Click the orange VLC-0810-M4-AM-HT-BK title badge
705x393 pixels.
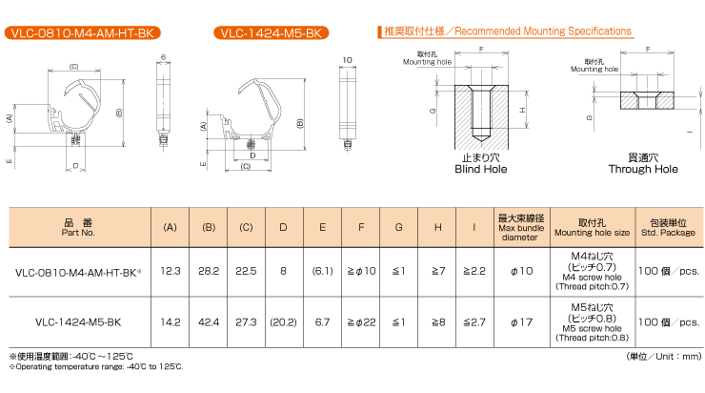pos(82,32)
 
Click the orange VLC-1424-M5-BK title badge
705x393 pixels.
pos(272,32)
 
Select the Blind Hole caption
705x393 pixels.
pos(481,169)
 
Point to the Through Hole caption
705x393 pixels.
pos(643,169)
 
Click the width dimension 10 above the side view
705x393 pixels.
pos(347,60)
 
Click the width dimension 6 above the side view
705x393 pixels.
pos(163,57)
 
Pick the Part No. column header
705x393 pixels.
pos(78,227)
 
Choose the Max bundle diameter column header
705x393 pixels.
pos(521,227)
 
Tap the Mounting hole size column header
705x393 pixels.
pos(592,227)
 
